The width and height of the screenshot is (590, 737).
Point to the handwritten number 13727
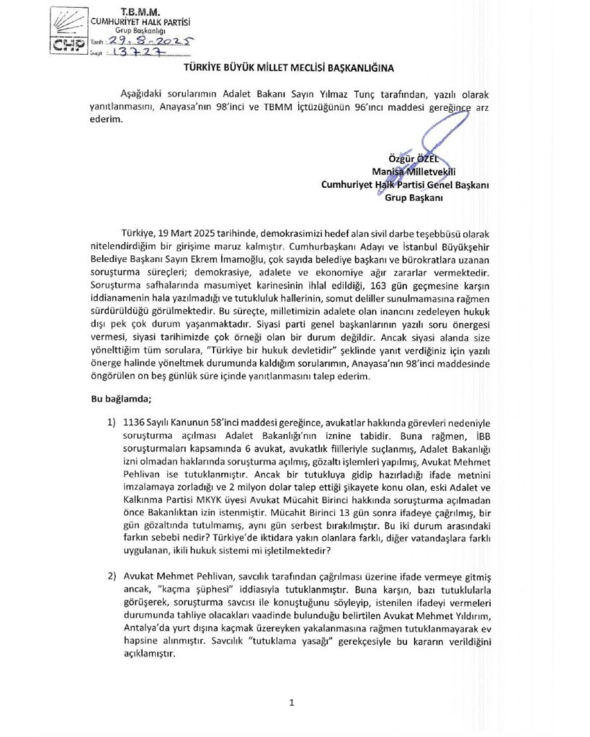point(141,54)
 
